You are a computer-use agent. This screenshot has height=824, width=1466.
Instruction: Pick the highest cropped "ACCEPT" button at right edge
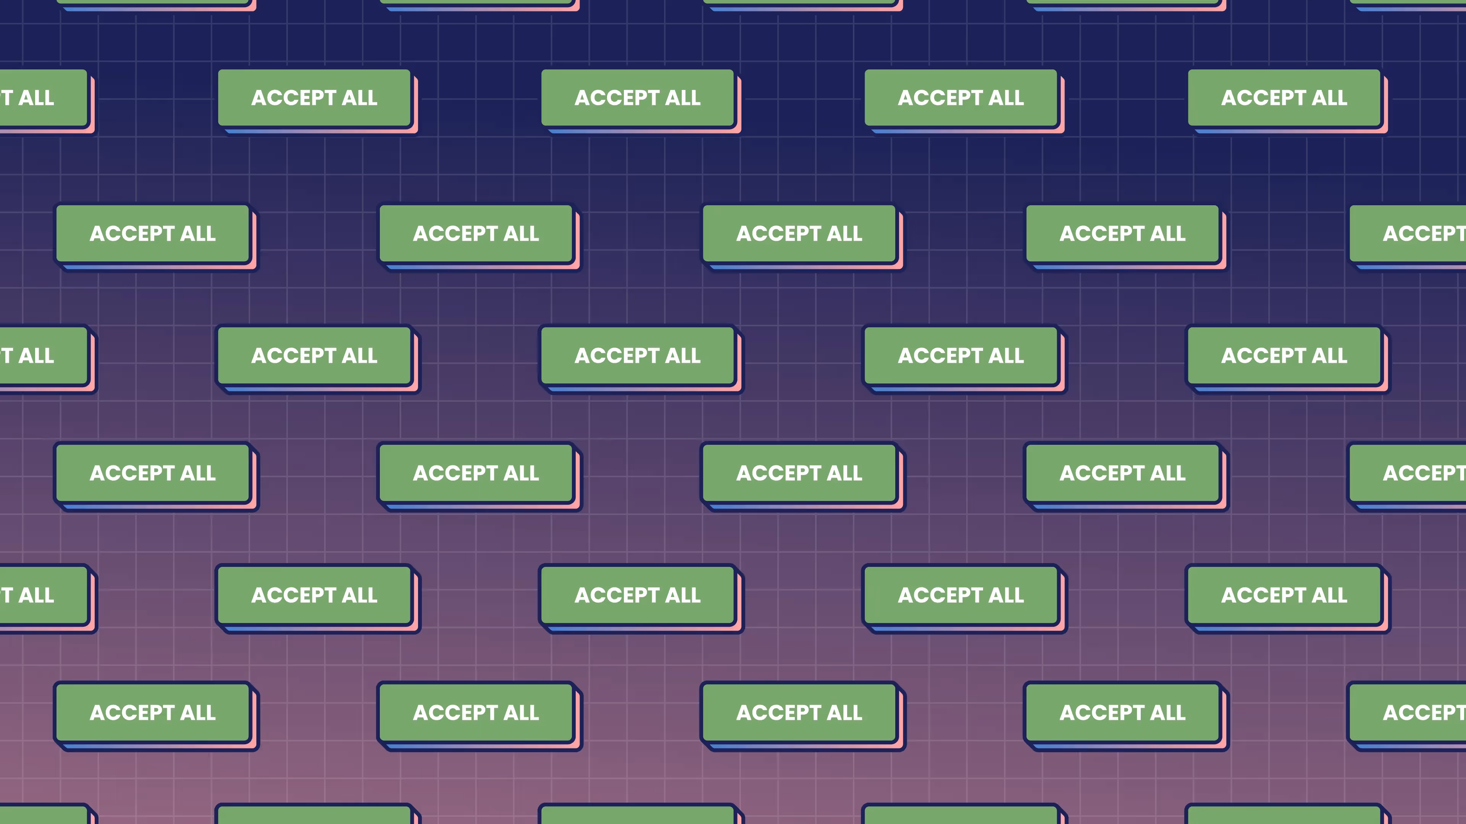click(x=1411, y=233)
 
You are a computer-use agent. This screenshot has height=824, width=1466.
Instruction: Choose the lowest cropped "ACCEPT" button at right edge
click(x=1411, y=712)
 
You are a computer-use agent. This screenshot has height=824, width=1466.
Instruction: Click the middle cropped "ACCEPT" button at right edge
click(x=1411, y=473)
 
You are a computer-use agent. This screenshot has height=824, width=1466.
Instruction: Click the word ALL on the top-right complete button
click(x=1329, y=98)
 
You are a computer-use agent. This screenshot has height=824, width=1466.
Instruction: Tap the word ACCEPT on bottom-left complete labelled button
click(x=132, y=712)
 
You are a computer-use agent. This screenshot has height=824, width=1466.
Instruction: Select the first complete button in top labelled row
click(x=314, y=98)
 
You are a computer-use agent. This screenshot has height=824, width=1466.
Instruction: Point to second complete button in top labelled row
click(x=638, y=98)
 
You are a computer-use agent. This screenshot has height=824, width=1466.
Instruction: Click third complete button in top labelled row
click(x=961, y=98)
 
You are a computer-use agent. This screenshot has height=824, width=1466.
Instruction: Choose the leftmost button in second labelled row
click(x=153, y=233)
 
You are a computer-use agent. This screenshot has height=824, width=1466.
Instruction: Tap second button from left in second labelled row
click(x=476, y=233)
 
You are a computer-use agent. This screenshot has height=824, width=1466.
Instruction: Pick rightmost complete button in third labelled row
click(x=1284, y=356)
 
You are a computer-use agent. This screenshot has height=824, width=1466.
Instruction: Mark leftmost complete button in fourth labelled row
click(x=153, y=473)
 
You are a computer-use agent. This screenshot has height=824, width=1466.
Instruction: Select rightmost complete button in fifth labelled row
click(x=1284, y=595)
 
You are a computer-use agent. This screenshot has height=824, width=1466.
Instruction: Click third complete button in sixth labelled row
click(x=799, y=712)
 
